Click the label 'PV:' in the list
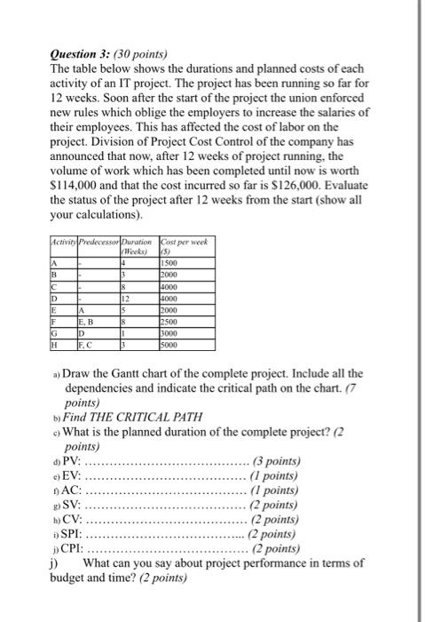[72, 461]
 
